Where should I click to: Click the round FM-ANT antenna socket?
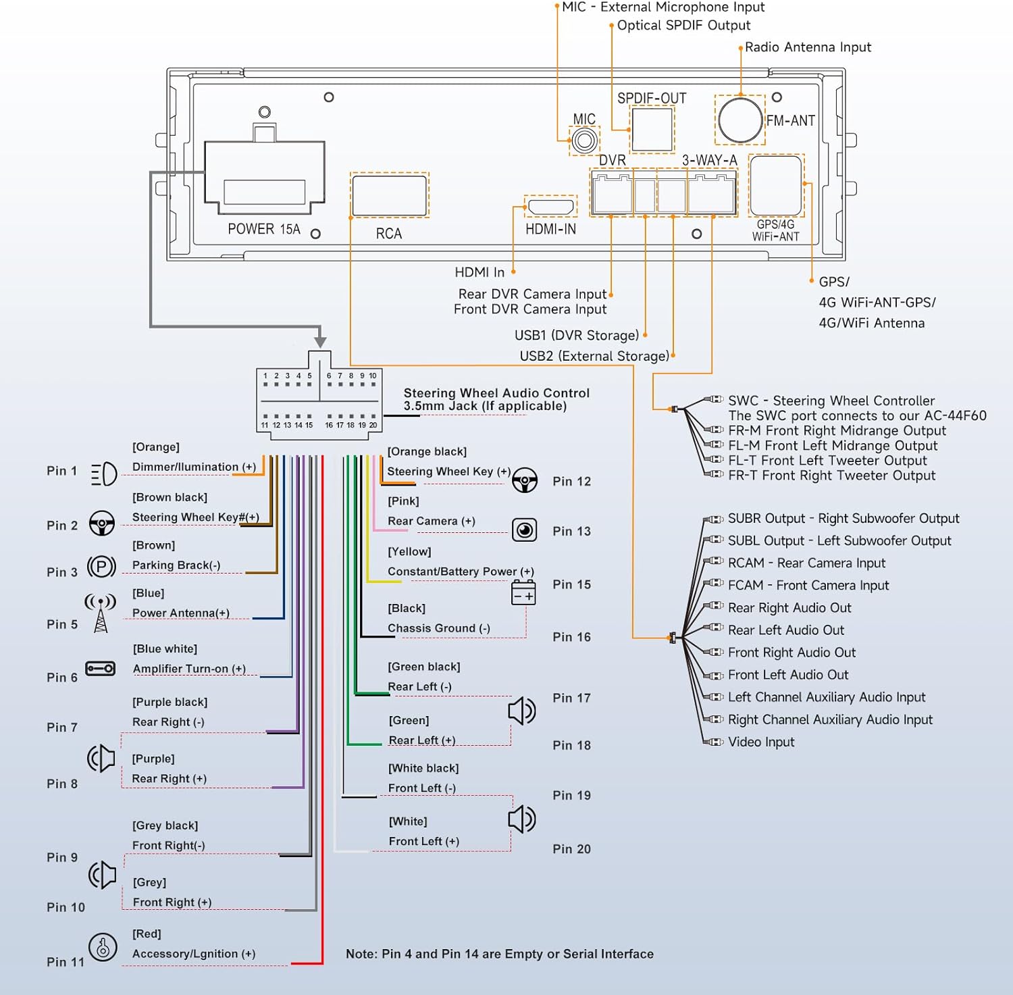[x=740, y=120]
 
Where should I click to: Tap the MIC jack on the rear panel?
[x=584, y=141]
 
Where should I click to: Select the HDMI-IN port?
[x=550, y=206]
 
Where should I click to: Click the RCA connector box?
[x=390, y=195]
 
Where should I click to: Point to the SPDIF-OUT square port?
[x=652, y=130]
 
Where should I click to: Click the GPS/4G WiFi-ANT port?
[x=776, y=186]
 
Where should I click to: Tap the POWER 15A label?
[x=263, y=229]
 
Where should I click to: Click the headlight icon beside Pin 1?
[x=103, y=474]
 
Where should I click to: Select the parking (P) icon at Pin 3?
[x=102, y=566]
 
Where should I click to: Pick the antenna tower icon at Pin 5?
[x=101, y=613]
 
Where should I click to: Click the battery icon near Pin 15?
[x=523, y=592]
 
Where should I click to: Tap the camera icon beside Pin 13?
[x=525, y=530]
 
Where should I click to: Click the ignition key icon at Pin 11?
[x=103, y=947]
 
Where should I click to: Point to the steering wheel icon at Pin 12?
[x=525, y=480]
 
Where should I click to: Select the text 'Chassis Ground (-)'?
[x=439, y=628]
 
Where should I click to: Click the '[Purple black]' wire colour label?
[x=170, y=702]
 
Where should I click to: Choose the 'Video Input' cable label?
[x=761, y=742]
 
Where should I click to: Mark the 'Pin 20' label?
[x=571, y=849]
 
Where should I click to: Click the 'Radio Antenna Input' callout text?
[x=808, y=47]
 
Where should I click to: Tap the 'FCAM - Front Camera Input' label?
[x=808, y=585]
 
